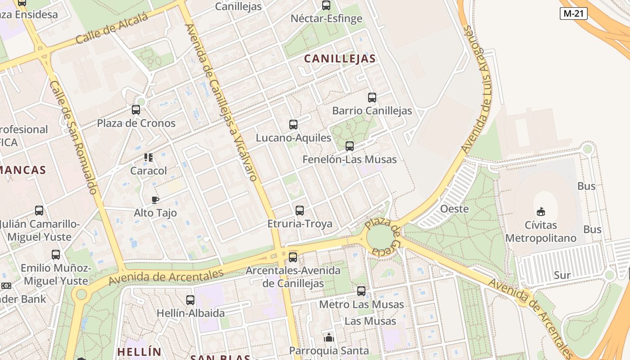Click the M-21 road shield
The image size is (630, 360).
tap(574, 13)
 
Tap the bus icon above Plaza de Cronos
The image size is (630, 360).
tap(136, 109)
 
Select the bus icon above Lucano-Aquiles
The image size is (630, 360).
tap(293, 125)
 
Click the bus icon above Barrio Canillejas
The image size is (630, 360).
tap(372, 97)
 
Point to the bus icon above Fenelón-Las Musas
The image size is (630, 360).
tap(350, 146)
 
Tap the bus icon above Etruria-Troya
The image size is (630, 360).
tap(300, 210)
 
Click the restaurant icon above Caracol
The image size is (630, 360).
tap(148, 157)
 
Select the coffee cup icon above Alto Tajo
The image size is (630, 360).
tap(155, 200)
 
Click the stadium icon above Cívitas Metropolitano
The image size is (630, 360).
tap(541, 211)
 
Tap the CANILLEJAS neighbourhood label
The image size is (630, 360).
tap(340, 58)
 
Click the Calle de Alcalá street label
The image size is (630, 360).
tap(112, 28)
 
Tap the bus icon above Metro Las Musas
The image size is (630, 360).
tap(361, 291)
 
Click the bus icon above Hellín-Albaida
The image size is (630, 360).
tap(190, 300)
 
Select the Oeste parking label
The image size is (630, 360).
tap(454, 209)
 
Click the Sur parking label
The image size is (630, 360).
tap(562, 275)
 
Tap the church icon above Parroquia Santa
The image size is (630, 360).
tap(329, 337)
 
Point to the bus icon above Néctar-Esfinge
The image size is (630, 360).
tap(326, 5)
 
